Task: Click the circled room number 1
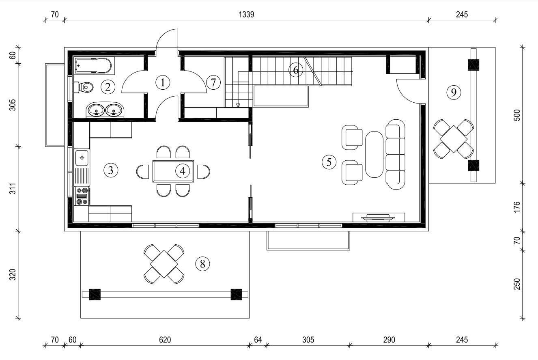pos(163,82)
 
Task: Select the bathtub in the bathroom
pos(93,65)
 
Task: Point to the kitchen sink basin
pos(82,157)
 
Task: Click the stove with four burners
pos(82,196)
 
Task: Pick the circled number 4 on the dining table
pos(183,171)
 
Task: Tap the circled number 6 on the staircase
pos(296,70)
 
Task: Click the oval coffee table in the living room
pos(374,154)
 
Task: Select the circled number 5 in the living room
pos(329,162)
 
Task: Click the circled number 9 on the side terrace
pos(454,92)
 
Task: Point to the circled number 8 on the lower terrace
pos(202,264)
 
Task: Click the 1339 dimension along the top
pos(246,15)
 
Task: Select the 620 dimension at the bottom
pos(165,340)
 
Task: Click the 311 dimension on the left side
pos(13,188)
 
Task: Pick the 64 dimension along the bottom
pos(258,340)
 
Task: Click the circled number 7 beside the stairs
pos(213,82)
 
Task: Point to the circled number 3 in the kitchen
pos(111,170)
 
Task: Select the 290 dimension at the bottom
pos(389,340)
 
